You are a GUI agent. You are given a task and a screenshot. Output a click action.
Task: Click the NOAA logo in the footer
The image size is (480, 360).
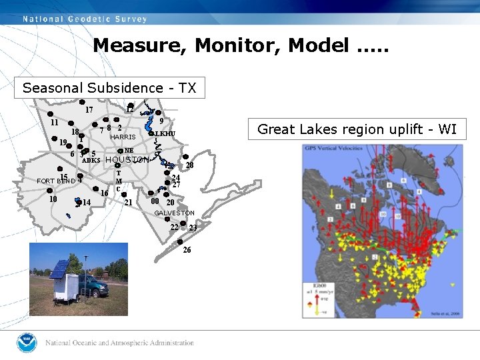tap(28, 343)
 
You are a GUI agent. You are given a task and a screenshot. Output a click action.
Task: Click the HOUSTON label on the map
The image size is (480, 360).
tap(127, 160)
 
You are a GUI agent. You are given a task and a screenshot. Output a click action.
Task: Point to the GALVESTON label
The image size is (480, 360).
tap(174, 213)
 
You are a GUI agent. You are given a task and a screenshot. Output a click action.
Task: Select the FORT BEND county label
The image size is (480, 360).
tap(56, 181)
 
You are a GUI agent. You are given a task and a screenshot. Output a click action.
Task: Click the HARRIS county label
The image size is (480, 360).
tap(123, 137)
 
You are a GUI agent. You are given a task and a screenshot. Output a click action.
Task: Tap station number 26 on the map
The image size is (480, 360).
tap(187, 250)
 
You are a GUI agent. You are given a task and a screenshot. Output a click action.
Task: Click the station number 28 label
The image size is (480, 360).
tap(189, 165)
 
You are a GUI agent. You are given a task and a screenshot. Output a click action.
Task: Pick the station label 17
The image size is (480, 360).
tap(89, 109)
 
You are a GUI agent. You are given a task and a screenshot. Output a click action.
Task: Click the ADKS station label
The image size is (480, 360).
tap(91, 161)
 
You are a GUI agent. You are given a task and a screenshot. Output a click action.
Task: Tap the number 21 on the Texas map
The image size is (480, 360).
tap(129, 202)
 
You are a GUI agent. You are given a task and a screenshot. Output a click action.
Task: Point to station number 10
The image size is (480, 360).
tap(53, 199)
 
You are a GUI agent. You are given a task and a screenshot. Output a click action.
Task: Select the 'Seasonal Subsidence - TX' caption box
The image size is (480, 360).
tap(109, 88)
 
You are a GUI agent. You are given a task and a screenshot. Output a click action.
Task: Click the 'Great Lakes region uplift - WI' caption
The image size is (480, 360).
tap(357, 129)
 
